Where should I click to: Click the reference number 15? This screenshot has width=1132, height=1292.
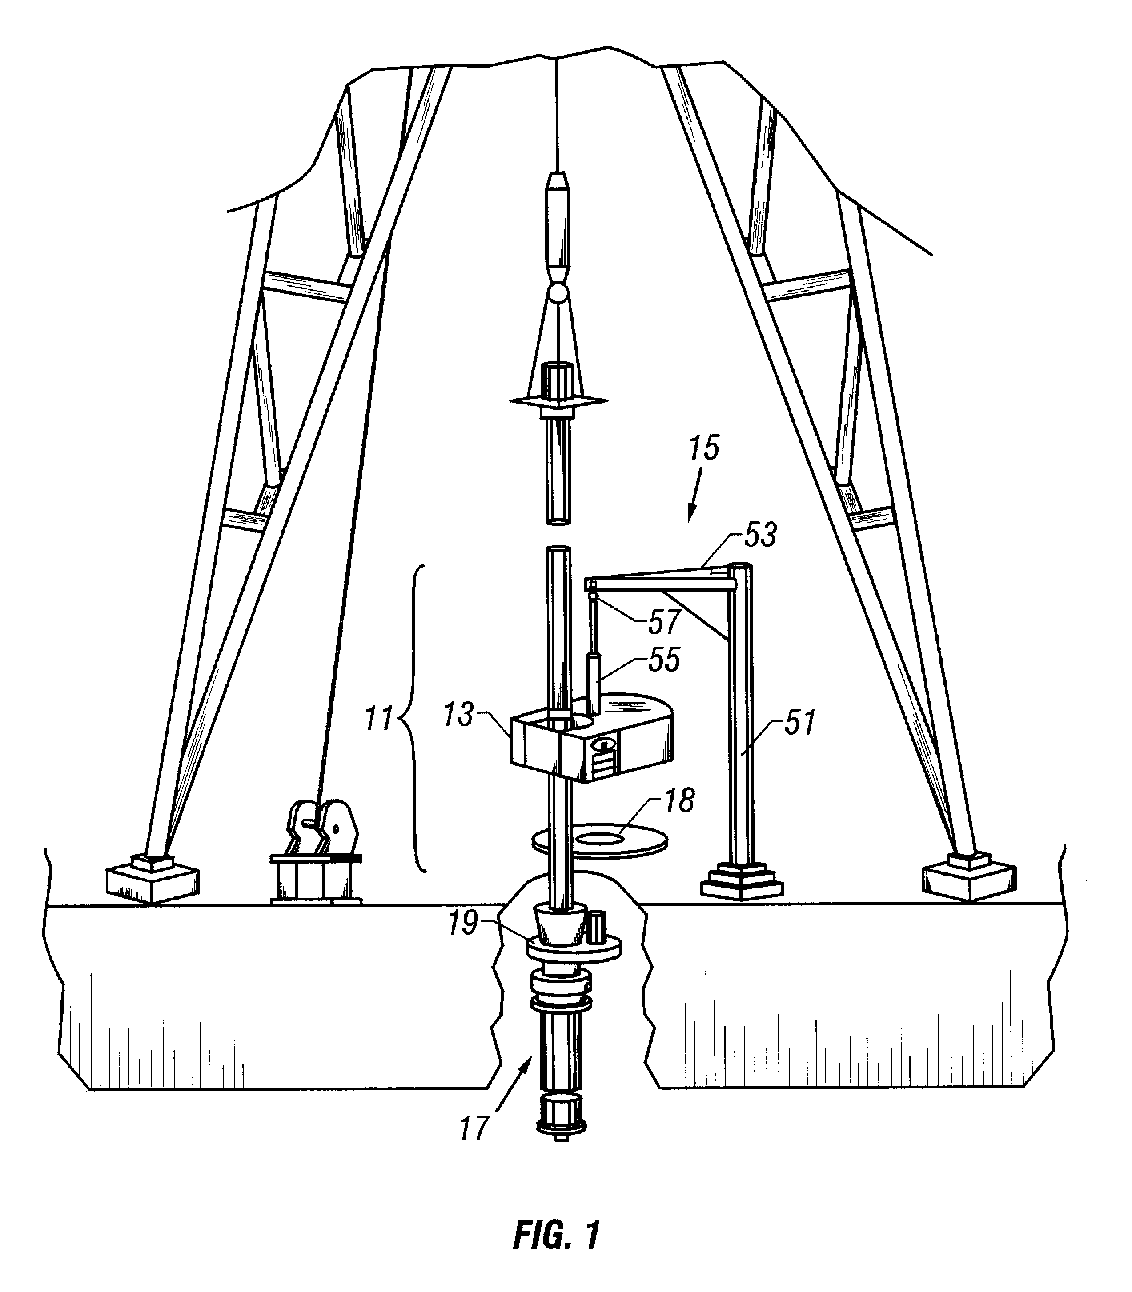(704, 448)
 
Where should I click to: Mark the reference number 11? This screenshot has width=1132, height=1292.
(380, 720)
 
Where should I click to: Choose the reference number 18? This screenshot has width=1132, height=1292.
(679, 800)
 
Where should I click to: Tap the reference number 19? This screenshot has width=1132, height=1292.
(463, 924)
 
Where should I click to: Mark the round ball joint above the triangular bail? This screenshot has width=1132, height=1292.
(558, 292)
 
